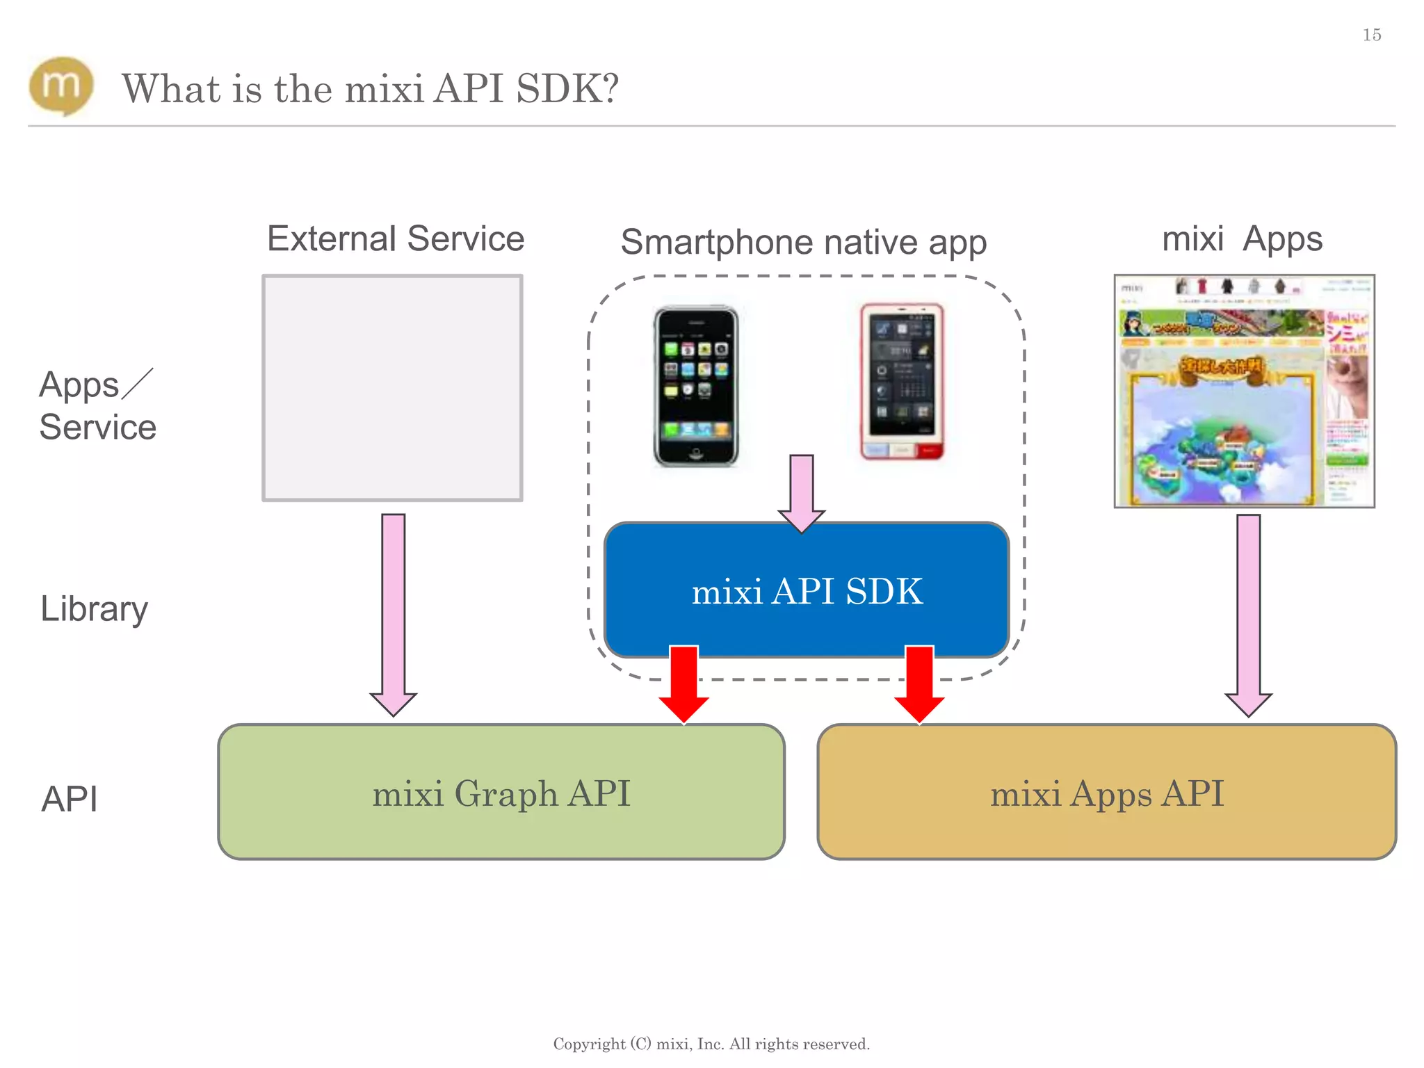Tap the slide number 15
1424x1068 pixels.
click(1371, 35)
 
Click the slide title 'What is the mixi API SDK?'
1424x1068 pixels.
click(370, 89)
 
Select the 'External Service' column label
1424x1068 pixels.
click(395, 239)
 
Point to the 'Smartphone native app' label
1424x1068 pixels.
click(803, 243)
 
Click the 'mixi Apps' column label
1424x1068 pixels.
click(1242, 239)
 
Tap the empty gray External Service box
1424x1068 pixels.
click(392, 388)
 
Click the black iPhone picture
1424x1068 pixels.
click(696, 387)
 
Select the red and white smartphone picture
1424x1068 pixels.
click(902, 382)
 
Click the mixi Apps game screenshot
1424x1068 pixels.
click(1244, 391)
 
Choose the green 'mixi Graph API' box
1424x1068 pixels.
click(501, 793)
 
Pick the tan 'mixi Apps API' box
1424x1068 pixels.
click(1106, 793)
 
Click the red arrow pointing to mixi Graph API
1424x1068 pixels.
click(684, 683)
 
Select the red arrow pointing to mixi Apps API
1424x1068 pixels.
click(919, 683)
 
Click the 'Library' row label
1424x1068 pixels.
click(94, 609)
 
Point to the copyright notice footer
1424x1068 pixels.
click(711, 1044)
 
